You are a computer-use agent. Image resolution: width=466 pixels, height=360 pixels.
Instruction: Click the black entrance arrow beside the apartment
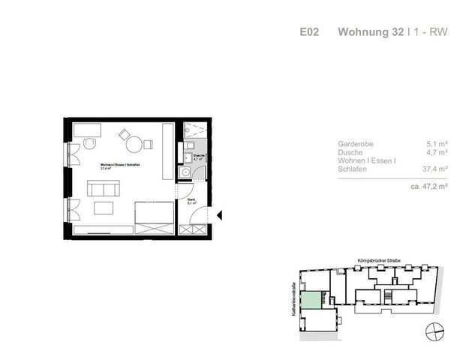[x=220, y=217]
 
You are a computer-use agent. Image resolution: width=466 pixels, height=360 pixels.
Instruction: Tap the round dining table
[x=134, y=145]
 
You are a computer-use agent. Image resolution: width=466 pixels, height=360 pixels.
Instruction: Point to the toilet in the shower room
[x=185, y=172]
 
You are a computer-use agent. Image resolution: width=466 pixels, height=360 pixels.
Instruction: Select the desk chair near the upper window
[x=89, y=144]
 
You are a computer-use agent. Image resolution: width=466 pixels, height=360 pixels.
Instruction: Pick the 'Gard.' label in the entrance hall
[x=191, y=199]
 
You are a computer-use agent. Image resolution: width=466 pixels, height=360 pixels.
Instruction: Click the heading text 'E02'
[x=309, y=32]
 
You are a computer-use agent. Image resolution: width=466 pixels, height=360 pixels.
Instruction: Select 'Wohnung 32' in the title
[x=367, y=32]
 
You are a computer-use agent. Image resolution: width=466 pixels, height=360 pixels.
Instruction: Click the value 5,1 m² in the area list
[x=437, y=143]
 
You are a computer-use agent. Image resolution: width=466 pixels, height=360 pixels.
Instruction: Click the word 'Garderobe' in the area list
[x=356, y=143]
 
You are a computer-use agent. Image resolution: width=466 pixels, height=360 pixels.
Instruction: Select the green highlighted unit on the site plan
[x=311, y=299]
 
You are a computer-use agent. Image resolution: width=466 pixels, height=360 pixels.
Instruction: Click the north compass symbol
[x=434, y=328]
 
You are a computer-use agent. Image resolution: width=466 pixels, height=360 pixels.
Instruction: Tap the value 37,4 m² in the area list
[x=435, y=169]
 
